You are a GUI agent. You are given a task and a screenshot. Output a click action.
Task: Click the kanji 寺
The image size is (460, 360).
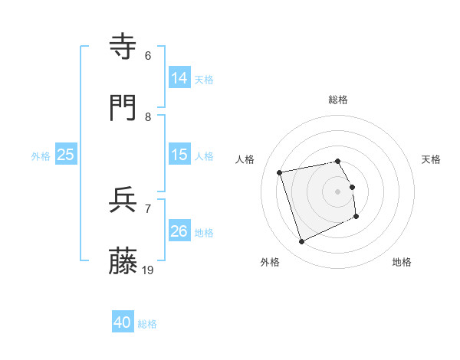pyautogui.click(x=124, y=47)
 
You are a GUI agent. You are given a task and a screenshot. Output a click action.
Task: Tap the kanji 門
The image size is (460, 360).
pyautogui.click(x=124, y=108)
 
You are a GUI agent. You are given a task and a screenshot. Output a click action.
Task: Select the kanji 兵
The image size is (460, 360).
pyautogui.click(x=124, y=201)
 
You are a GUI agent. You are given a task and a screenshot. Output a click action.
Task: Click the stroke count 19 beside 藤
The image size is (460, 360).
pyautogui.click(x=149, y=270)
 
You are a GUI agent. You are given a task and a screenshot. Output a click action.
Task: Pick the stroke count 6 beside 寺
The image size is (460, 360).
pyautogui.click(x=148, y=55)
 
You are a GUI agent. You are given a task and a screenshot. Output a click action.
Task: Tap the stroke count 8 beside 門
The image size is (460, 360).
pyautogui.click(x=148, y=116)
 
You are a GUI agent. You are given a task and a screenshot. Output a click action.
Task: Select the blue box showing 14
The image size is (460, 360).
pyautogui.click(x=179, y=78)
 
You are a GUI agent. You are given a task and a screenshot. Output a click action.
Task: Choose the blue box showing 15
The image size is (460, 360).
pyautogui.click(x=179, y=155)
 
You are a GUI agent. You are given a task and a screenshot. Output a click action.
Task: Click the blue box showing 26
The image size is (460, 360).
pyautogui.click(x=179, y=231)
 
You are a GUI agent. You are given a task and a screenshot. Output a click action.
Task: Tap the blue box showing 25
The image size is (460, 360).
pyautogui.click(x=66, y=155)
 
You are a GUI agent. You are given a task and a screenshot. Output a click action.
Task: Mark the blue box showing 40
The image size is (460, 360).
pyautogui.click(x=122, y=323)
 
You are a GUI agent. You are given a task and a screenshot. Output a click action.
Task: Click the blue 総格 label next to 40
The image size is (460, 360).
pyautogui.click(x=147, y=324)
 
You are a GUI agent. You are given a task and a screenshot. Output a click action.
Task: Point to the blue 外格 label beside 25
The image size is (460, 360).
pyautogui.click(x=41, y=155)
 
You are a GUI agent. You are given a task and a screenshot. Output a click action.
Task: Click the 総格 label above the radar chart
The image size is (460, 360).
pyautogui.click(x=338, y=100)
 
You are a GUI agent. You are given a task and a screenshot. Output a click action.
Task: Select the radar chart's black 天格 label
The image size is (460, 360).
pyautogui.click(x=432, y=159)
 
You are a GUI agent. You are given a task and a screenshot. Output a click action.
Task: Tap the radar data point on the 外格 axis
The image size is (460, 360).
pyautogui.click(x=301, y=242)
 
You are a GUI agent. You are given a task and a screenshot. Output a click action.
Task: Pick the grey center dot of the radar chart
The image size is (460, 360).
pyautogui.click(x=338, y=191)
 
